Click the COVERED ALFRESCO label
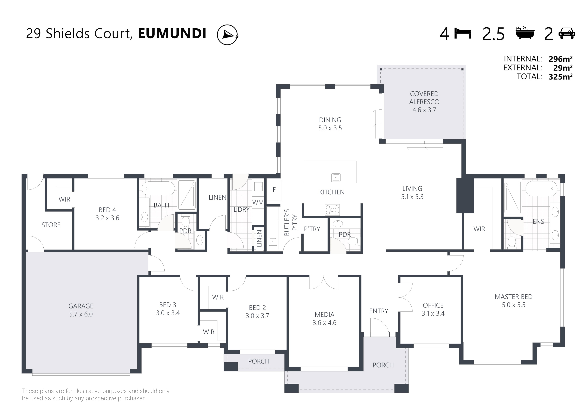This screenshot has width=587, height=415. (424, 98)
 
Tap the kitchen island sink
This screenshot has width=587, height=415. (336, 177)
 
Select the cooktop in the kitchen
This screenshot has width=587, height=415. (332, 210)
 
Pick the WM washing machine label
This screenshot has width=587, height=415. (258, 202)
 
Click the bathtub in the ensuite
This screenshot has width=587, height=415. (541, 189)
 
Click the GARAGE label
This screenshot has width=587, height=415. (81, 306)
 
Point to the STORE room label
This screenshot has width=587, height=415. (51, 225)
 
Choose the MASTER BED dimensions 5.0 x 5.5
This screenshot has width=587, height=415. (513, 305)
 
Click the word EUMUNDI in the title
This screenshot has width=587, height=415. (172, 33)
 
